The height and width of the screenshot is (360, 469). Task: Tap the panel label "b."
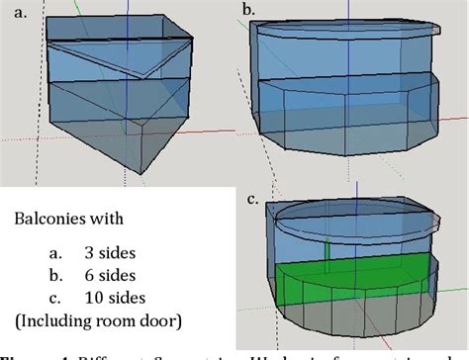(248, 12)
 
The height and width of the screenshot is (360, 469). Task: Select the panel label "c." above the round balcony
(252, 200)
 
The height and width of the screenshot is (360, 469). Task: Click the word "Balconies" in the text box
(56, 217)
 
